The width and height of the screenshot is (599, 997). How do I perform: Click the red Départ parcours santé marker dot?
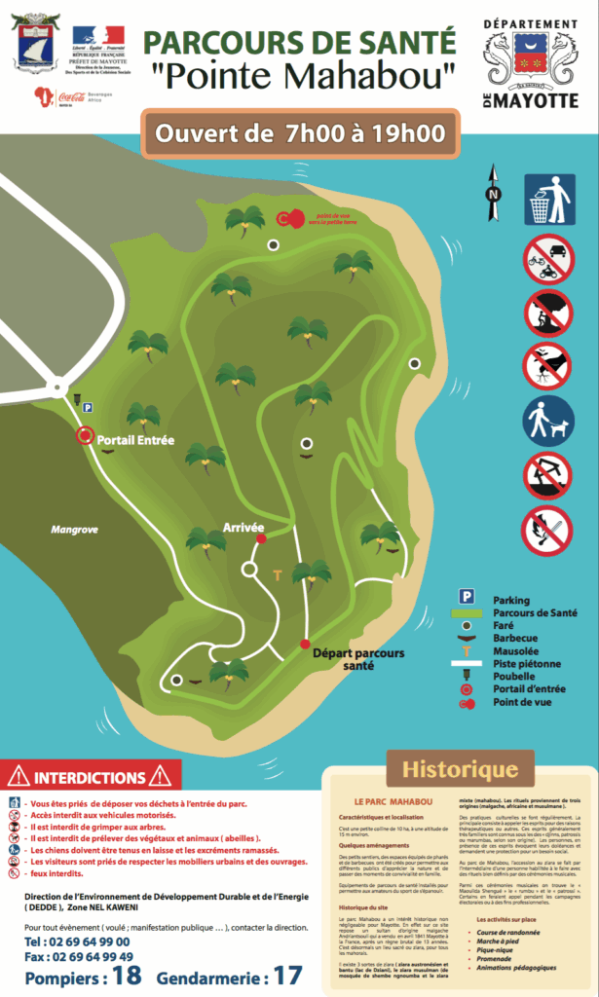tap(305, 645)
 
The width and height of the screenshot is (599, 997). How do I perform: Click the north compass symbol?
tap(493, 194)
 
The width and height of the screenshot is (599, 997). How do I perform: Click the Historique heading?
tap(461, 769)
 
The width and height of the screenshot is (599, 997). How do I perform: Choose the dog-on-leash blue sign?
tap(547, 419)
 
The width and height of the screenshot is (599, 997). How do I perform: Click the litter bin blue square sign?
tap(547, 200)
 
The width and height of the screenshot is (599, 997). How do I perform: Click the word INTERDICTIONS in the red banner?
tap(90, 778)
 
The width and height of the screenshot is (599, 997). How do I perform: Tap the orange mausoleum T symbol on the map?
tap(278, 575)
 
